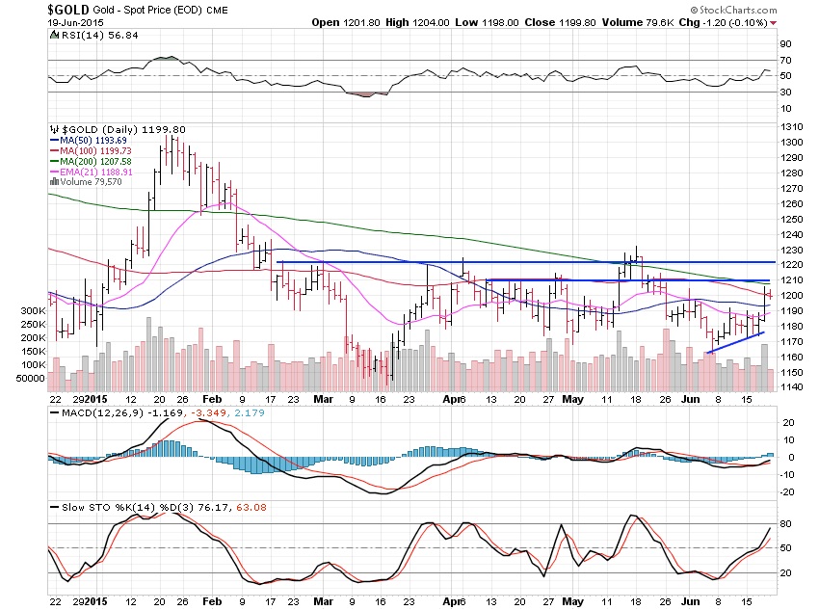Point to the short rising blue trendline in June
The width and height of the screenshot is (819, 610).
click(735, 343)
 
